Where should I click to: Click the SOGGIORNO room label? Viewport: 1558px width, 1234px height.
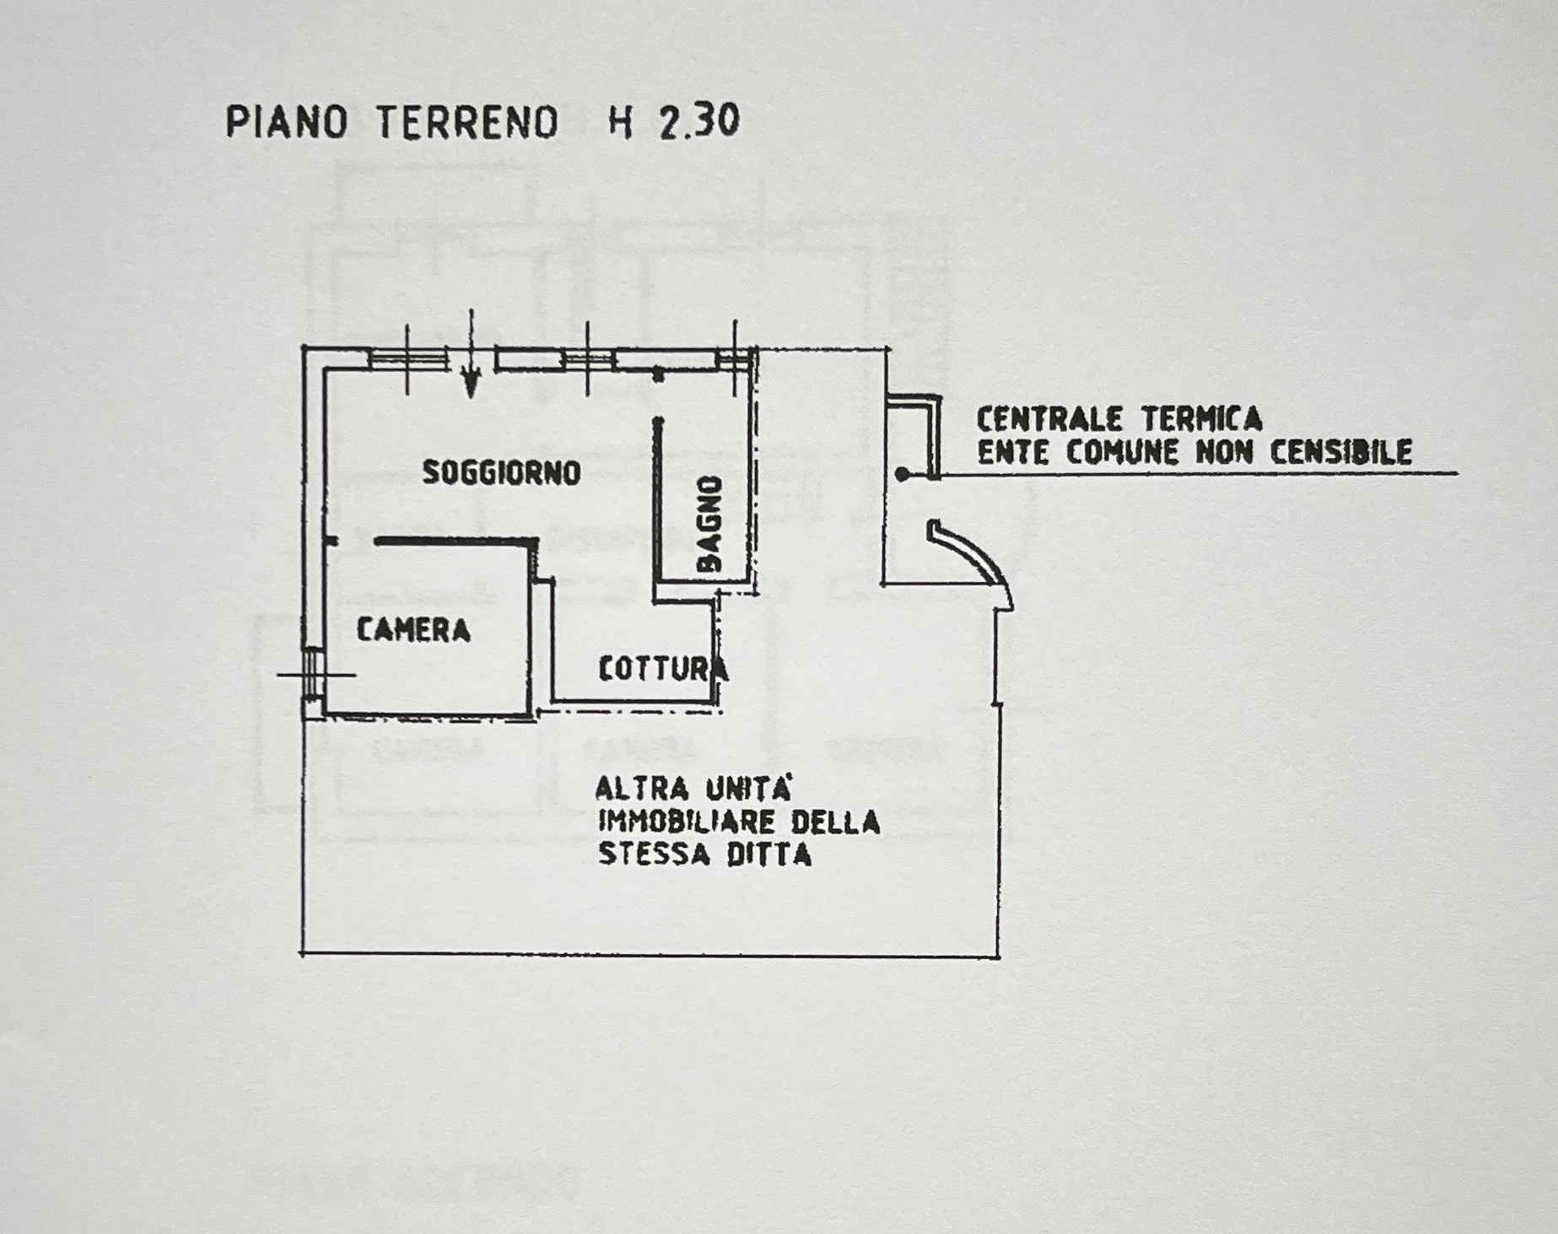point(501,472)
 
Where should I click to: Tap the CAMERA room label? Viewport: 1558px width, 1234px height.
point(413,629)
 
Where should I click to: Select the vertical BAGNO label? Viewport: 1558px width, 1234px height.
point(710,523)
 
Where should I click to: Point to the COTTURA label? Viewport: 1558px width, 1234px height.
point(663,669)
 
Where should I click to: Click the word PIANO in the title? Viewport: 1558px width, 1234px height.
point(287,122)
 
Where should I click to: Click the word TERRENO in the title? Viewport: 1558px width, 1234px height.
point(467,122)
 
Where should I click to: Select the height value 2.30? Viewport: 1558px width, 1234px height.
point(699,121)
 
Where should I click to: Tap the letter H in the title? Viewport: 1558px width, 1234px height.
point(621,122)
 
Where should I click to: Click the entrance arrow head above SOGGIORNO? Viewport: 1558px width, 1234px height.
point(471,384)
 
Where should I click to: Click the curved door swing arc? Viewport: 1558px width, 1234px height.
point(978,557)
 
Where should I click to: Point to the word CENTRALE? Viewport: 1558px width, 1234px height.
point(1049,419)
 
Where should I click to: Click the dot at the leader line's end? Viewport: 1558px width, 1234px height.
point(902,475)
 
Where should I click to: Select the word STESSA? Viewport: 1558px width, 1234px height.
point(642,854)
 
